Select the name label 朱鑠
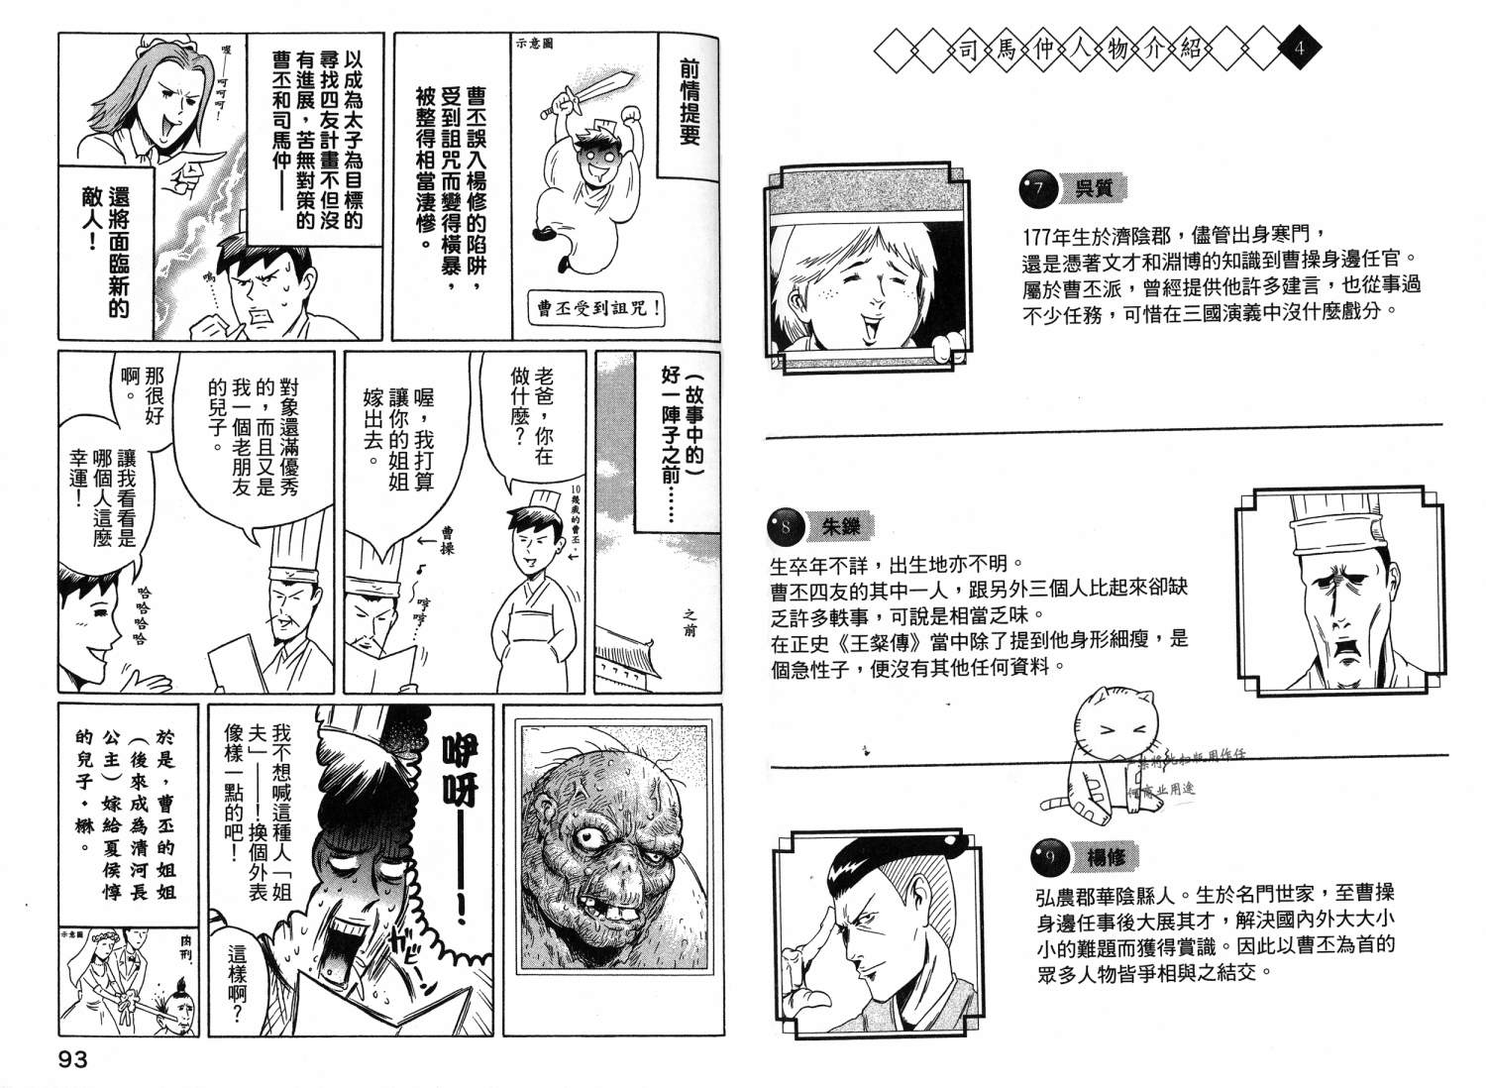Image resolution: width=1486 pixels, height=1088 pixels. (840, 527)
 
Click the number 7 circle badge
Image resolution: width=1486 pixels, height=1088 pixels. (1037, 188)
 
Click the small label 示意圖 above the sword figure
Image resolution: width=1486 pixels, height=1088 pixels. (534, 43)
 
